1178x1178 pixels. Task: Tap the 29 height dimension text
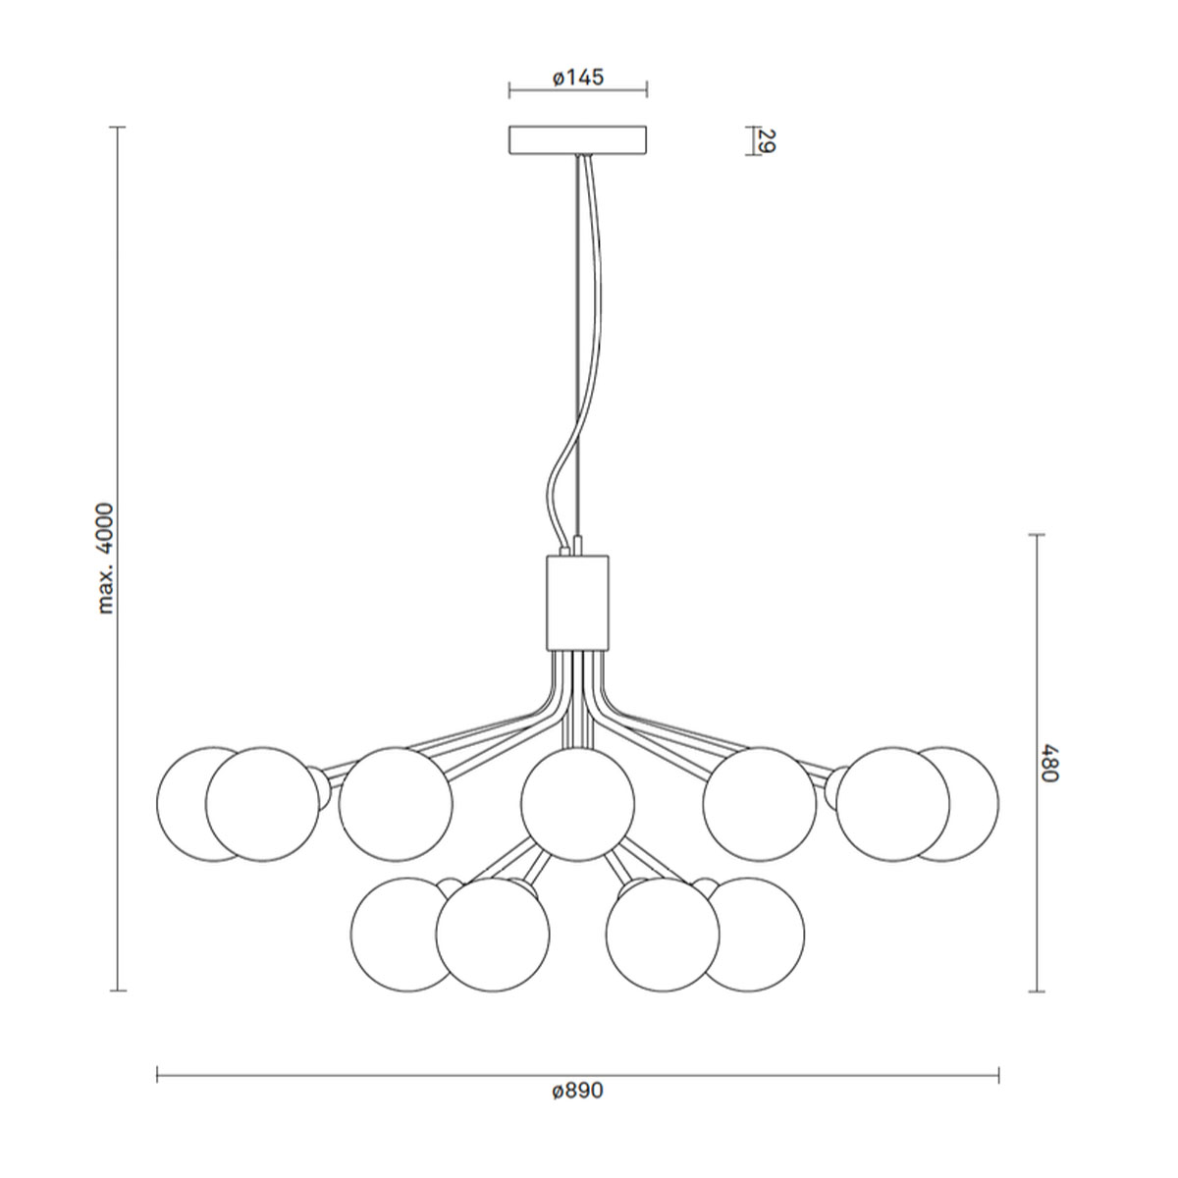coord(768,141)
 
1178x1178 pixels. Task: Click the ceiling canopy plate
coord(577,139)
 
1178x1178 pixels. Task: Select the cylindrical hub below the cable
coord(577,602)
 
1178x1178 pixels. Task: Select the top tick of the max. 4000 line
coord(119,129)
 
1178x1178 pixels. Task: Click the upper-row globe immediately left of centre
coord(396,803)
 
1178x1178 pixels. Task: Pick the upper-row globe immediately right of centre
coord(759,803)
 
